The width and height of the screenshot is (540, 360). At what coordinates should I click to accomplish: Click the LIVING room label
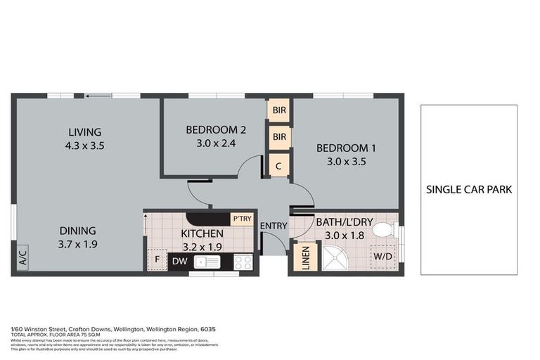pyautogui.click(x=84, y=132)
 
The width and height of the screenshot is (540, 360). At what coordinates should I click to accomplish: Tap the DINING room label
pyautogui.click(x=77, y=231)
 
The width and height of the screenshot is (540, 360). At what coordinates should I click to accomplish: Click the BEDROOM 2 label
pyautogui.click(x=216, y=129)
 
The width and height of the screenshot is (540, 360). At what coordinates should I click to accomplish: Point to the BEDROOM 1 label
pyautogui.click(x=346, y=148)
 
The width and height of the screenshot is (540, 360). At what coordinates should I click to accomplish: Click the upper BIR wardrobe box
pyautogui.click(x=279, y=110)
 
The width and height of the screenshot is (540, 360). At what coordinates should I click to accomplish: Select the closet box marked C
pyautogui.click(x=279, y=166)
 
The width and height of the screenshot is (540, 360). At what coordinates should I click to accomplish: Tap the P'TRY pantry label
pyautogui.click(x=242, y=219)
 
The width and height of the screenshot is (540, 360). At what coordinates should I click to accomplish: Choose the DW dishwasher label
pyautogui.click(x=179, y=262)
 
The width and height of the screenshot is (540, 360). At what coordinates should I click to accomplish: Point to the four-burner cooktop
pyautogui.click(x=243, y=262)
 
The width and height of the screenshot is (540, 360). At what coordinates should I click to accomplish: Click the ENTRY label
pyautogui.click(x=273, y=226)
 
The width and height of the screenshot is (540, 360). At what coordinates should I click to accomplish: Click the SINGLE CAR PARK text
pyautogui.click(x=468, y=189)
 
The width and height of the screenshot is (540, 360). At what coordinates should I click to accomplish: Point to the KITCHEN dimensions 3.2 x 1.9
pyautogui.click(x=202, y=247)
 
